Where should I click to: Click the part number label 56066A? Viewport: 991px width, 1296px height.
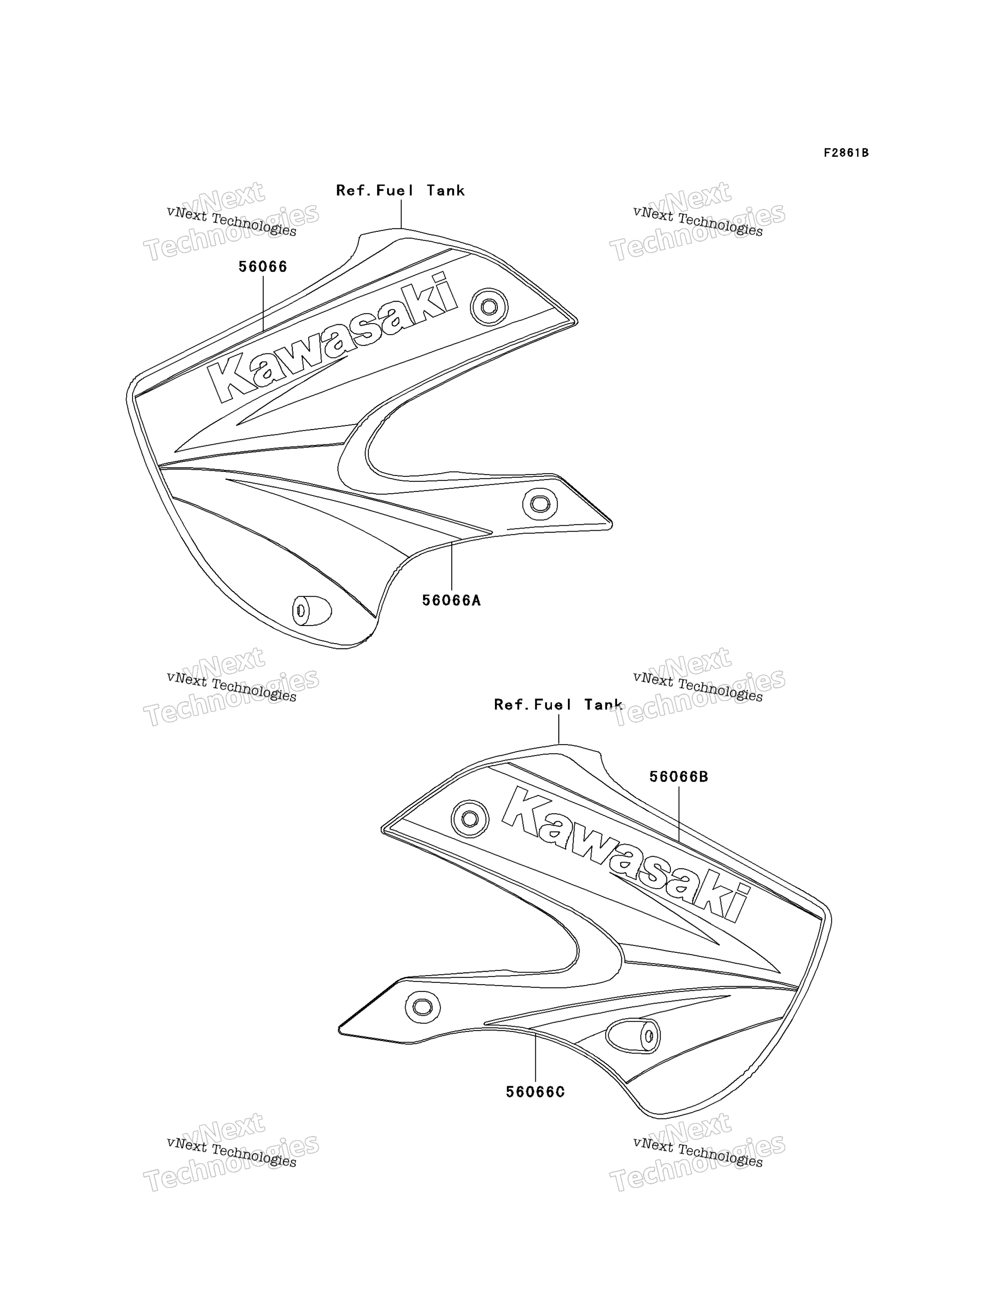[x=451, y=600]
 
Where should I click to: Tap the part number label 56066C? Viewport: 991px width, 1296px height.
[x=535, y=1093]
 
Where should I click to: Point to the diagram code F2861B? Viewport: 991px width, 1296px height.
[x=846, y=153]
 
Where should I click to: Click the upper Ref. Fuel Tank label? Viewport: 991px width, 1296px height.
[x=401, y=191]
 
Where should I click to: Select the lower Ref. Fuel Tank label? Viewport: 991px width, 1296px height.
[x=558, y=705]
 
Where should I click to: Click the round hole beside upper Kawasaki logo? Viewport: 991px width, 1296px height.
[x=489, y=307]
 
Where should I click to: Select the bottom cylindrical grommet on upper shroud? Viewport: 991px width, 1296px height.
[x=311, y=611]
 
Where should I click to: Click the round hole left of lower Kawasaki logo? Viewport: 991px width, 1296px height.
[x=470, y=819]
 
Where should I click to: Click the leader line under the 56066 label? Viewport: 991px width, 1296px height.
[x=263, y=304]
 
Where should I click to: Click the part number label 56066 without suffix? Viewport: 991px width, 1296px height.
[x=263, y=267]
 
